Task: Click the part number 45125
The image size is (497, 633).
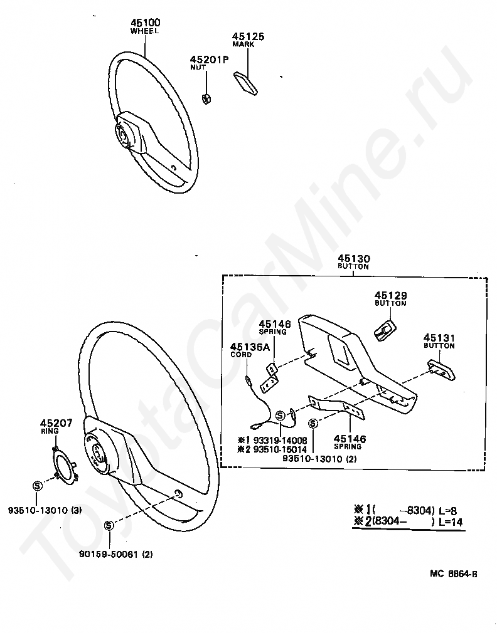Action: (247, 36)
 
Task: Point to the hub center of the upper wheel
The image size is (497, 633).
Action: (124, 134)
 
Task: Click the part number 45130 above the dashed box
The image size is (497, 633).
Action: (353, 258)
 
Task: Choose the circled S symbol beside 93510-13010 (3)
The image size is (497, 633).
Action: (36, 486)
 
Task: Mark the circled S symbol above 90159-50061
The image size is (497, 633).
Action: (109, 525)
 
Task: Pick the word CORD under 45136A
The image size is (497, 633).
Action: (241, 355)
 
